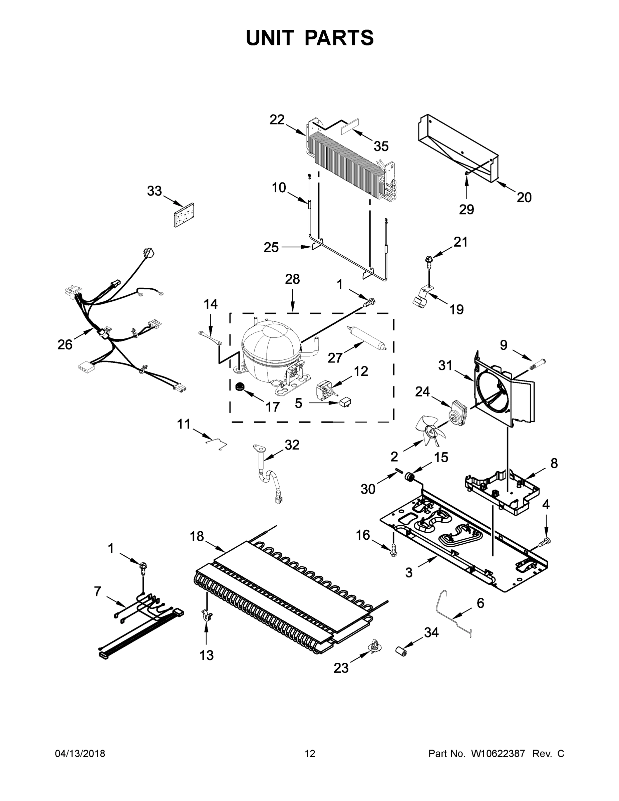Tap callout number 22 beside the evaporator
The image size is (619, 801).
[277, 119]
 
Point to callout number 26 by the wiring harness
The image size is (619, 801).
[65, 344]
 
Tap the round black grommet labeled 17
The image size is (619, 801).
[240, 386]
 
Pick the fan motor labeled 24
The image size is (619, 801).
[458, 412]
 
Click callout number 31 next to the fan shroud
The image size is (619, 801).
[445, 365]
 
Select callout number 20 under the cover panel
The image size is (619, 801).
[524, 197]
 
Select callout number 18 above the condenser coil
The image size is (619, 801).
[197, 537]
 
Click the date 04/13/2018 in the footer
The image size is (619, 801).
[80, 754]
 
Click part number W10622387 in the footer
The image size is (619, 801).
[498, 754]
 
